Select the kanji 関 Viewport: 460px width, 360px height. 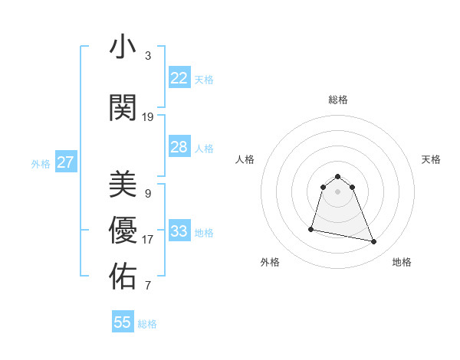123,108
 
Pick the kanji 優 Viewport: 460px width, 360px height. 123,231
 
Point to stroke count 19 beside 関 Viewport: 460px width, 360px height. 148,117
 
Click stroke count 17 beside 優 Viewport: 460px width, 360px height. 148,240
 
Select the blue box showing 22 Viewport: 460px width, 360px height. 179,78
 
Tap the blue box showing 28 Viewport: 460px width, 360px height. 179,147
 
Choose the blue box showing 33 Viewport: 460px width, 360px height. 179,231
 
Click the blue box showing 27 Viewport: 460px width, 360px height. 65,162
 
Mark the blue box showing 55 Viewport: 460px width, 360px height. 123,322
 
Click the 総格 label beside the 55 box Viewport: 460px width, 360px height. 147,324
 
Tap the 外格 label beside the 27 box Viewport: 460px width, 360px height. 41,164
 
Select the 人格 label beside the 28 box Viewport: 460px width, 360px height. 204,149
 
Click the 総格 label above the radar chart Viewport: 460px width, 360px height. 337,100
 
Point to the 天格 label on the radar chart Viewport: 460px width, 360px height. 432,159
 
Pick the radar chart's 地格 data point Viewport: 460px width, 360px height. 374,242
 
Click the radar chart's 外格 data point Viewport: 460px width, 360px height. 311,229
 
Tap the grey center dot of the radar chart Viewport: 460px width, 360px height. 338,191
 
